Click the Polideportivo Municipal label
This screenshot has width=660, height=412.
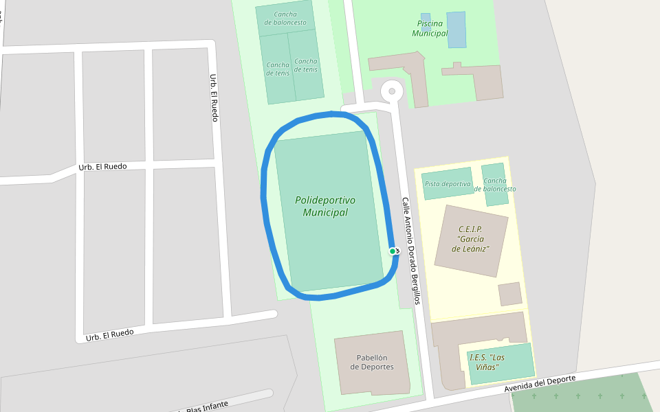[325, 206]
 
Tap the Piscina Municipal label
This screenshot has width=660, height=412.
[430, 28]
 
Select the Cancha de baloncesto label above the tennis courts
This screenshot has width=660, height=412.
[285, 18]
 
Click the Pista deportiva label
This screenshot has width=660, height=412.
[448, 184]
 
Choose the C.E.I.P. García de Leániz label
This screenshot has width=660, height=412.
[470, 239]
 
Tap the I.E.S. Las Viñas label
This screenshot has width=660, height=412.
[487, 362]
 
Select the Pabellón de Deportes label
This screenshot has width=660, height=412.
[372, 362]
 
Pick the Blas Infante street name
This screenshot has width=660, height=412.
[206, 406]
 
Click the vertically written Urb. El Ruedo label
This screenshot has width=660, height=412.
[214, 98]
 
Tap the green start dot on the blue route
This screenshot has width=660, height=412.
[393, 251]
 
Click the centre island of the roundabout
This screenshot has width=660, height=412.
[392, 90]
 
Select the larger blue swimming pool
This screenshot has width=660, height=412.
[456, 30]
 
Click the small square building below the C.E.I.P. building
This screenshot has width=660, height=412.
[510, 294]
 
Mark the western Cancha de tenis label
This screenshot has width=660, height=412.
[278, 69]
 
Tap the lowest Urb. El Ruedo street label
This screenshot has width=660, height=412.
[109, 335]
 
